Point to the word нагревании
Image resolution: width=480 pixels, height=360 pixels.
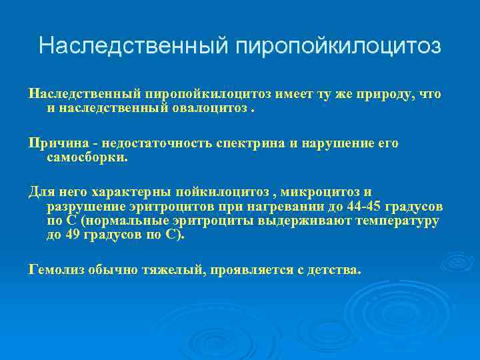pyautogui.click(x=281, y=207)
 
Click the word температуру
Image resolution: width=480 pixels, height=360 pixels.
pyautogui.click(x=398, y=221)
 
